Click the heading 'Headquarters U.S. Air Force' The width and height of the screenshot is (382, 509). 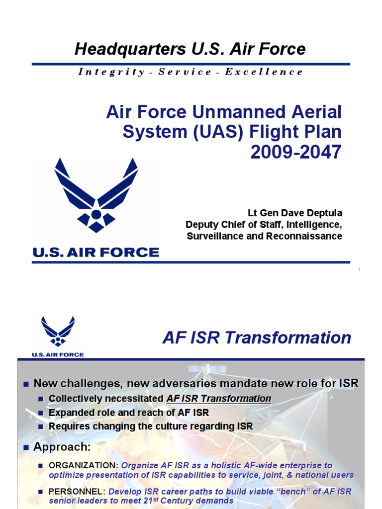click(190, 49)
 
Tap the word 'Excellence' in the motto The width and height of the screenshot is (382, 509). click(264, 72)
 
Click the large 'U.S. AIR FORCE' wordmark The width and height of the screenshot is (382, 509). click(96, 253)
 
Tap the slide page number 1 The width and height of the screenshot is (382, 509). click(359, 269)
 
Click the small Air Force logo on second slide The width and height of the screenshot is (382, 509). click(58, 332)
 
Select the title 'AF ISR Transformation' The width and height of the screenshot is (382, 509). click(257, 338)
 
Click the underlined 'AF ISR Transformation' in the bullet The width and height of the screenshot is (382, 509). click(219, 399)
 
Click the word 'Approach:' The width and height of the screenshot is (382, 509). click(62, 447)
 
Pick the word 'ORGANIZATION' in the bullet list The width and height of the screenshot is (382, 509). click(83, 466)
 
